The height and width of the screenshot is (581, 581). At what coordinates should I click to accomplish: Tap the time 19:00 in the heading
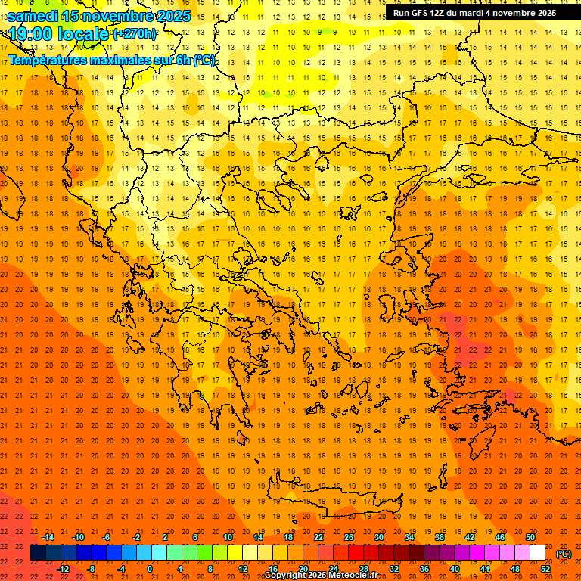click(x=31, y=33)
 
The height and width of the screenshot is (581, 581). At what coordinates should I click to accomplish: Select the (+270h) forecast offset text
click(x=135, y=33)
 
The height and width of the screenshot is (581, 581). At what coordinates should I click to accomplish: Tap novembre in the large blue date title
click(x=117, y=15)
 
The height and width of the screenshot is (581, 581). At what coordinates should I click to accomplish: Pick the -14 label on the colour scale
click(x=48, y=537)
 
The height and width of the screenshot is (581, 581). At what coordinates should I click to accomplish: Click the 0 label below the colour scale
click(x=149, y=569)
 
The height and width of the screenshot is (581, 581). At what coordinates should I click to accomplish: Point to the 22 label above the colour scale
click(x=318, y=537)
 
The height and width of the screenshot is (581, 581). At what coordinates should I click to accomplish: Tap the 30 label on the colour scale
click(x=378, y=537)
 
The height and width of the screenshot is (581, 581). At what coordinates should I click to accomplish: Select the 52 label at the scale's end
click(x=545, y=569)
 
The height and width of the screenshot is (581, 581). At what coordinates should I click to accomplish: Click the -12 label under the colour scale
click(x=63, y=569)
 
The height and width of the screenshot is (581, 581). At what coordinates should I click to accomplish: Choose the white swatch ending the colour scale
click(x=537, y=553)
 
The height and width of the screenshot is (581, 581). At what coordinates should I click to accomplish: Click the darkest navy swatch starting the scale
click(x=38, y=553)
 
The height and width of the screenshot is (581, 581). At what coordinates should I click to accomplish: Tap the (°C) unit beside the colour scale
click(x=564, y=554)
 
